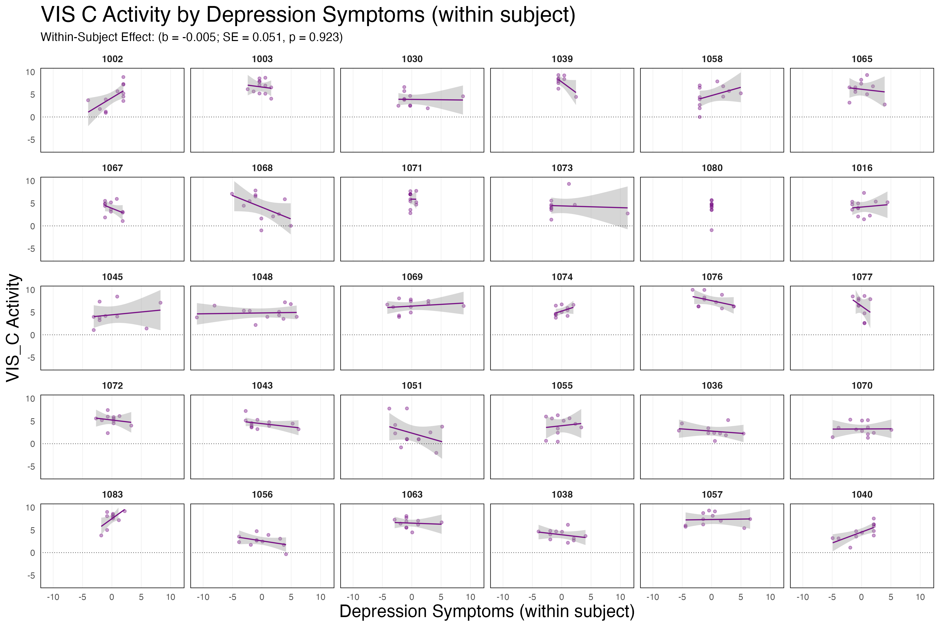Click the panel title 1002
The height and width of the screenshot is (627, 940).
(x=112, y=59)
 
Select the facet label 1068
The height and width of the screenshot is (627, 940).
(x=262, y=168)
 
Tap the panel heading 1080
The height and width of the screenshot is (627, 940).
(x=712, y=168)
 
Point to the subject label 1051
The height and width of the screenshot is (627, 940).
(x=412, y=386)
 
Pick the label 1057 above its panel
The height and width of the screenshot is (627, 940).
(x=712, y=495)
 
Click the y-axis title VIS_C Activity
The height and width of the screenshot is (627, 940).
(x=13, y=328)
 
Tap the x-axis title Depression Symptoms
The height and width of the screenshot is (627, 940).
(x=487, y=611)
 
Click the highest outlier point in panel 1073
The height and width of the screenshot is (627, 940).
(x=569, y=184)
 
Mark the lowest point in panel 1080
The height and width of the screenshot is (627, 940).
(x=711, y=230)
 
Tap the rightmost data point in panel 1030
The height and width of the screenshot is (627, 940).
(x=463, y=96)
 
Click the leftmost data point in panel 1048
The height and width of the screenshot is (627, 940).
(x=197, y=317)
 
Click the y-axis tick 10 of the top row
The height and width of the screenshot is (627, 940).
(x=30, y=72)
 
